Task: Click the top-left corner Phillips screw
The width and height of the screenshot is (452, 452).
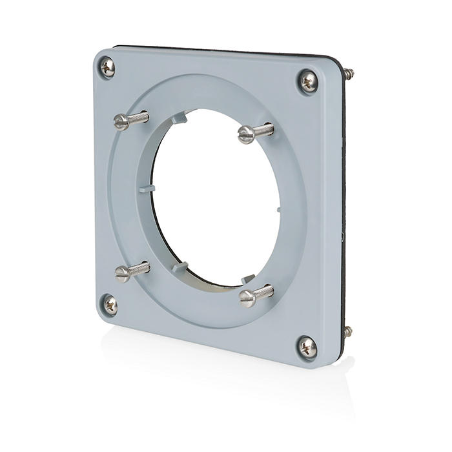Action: click(x=108, y=67)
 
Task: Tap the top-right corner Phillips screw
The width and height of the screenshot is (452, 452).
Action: click(x=308, y=81)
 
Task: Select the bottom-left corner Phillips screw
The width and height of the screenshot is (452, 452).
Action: click(x=110, y=304)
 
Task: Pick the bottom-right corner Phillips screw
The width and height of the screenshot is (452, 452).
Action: click(x=307, y=347)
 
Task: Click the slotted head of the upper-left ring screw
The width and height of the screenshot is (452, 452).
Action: click(x=121, y=121)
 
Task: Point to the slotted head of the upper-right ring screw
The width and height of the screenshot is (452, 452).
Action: click(x=245, y=134)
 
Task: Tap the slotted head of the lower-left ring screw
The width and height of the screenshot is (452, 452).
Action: click(x=122, y=273)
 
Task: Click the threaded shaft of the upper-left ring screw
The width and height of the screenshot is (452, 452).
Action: click(x=138, y=118)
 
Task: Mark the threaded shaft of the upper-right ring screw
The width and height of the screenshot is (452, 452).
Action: click(x=263, y=130)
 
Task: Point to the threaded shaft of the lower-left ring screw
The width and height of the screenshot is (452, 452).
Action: click(x=139, y=268)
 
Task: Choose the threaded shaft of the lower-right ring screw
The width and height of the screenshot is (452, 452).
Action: click(x=265, y=292)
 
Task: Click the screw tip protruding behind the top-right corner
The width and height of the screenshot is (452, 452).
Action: click(x=349, y=74)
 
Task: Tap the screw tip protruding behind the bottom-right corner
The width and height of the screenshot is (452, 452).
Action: click(x=348, y=332)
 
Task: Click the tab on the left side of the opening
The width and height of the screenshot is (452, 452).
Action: click(x=146, y=189)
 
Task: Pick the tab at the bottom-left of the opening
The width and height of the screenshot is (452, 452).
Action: click(x=180, y=267)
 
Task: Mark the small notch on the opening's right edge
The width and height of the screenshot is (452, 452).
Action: click(x=278, y=209)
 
